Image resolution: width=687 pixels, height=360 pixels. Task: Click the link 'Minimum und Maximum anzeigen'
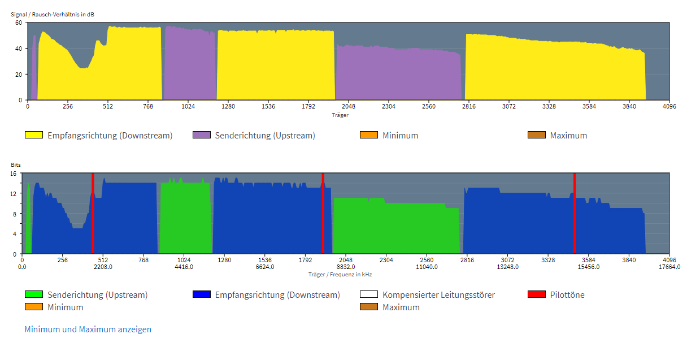88,329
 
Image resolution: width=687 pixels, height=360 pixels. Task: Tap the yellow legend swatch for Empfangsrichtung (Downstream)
34,135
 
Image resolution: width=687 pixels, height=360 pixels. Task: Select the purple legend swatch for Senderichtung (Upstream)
201,135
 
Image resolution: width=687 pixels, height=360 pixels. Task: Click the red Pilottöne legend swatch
536,294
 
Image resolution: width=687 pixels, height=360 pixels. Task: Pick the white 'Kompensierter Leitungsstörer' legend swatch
368,294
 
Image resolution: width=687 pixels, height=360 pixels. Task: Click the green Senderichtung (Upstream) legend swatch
34,294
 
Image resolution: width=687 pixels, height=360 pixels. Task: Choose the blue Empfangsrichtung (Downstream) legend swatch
201,294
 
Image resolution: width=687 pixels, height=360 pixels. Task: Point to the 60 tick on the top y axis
18,23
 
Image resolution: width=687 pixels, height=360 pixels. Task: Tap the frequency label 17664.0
669,267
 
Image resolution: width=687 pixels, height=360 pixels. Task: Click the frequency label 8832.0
346,267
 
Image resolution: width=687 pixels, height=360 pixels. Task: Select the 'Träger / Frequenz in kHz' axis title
340,274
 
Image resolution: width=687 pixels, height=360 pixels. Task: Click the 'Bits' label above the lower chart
16,164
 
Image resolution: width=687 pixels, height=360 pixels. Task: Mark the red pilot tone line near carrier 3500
574,214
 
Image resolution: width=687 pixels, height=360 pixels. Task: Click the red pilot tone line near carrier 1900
323,214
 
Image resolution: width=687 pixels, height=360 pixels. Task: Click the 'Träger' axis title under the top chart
340,115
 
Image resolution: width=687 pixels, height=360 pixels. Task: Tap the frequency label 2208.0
103,267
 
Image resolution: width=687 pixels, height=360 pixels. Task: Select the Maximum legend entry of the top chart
568,135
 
